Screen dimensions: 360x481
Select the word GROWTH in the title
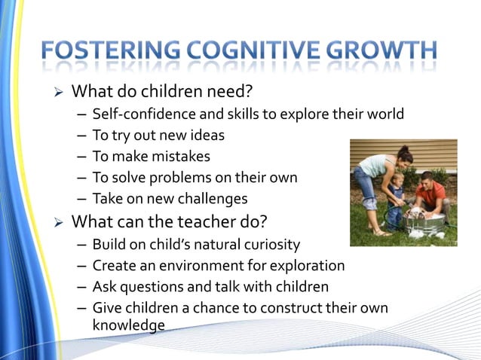point(385,50)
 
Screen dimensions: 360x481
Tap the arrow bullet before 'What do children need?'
point(60,93)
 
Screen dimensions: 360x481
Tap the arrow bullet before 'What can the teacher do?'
point(60,222)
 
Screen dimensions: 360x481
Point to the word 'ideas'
point(208,136)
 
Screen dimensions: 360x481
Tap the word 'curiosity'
point(268,245)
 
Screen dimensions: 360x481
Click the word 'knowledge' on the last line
point(128,325)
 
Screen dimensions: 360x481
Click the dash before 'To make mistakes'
point(81,157)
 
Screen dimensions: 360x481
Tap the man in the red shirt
point(432,196)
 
